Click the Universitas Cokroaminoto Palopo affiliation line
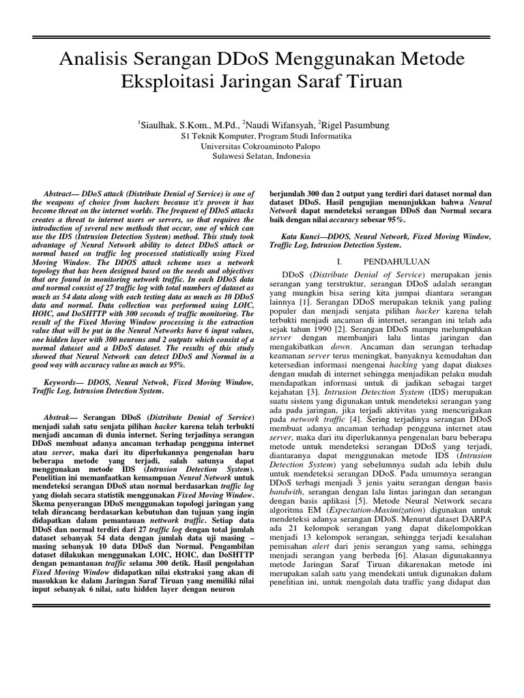pyautogui.click(x=261, y=147)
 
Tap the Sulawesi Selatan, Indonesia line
pyautogui.click(x=261, y=157)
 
